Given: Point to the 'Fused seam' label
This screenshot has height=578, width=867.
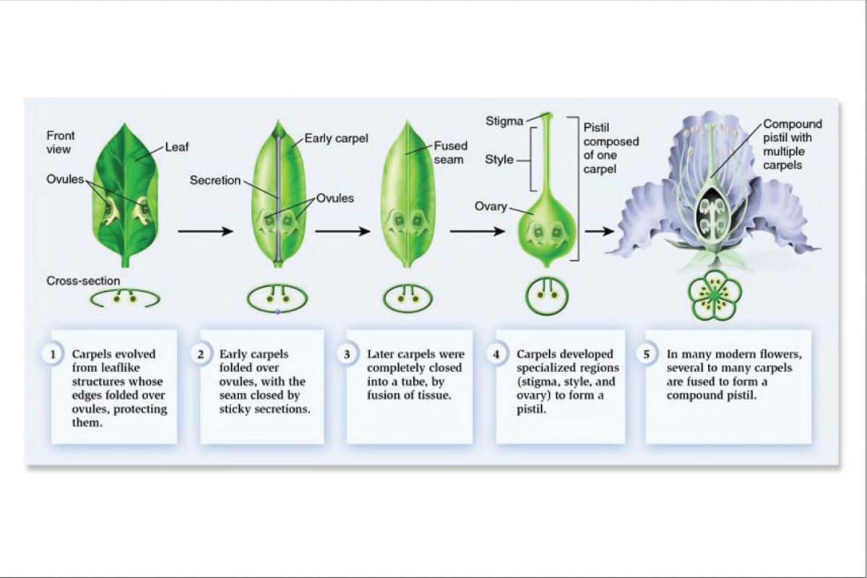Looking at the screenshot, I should (451, 152).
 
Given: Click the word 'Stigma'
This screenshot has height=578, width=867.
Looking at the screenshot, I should (504, 121).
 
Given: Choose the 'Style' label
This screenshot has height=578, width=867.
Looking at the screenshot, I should (499, 160).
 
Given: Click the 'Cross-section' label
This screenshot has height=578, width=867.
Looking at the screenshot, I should (84, 280).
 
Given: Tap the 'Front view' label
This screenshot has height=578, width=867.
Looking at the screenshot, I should (60, 142).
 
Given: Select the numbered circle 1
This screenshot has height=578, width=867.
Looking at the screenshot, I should (52, 355).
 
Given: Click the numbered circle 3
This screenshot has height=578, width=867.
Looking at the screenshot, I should (348, 355).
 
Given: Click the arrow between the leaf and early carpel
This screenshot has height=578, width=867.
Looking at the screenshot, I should (205, 231).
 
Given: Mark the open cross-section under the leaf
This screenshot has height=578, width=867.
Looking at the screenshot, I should (124, 296).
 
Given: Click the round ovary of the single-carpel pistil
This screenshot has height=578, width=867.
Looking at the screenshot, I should (546, 230).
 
